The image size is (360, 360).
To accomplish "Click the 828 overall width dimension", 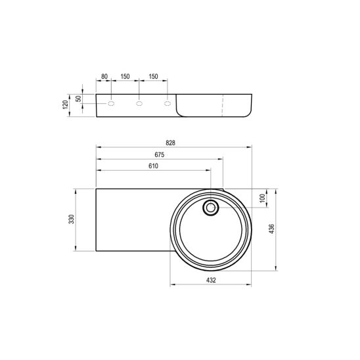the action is [x=170, y=143].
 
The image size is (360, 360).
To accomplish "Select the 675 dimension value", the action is [x=160, y=155].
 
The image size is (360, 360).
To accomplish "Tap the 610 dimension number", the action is [x=153, y=166].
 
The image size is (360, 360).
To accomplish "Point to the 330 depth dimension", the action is [x=72, y=219].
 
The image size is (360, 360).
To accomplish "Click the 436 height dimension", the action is [x=271, y=229].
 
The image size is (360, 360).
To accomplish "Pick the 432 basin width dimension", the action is [x=211, y=280].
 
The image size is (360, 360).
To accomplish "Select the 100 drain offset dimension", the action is [x=262, y=198].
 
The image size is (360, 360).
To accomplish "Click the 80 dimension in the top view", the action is [x=104, y=76].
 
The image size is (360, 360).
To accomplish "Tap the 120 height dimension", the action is [x=66, y=104].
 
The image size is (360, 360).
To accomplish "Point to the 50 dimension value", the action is [x=79, y=99].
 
